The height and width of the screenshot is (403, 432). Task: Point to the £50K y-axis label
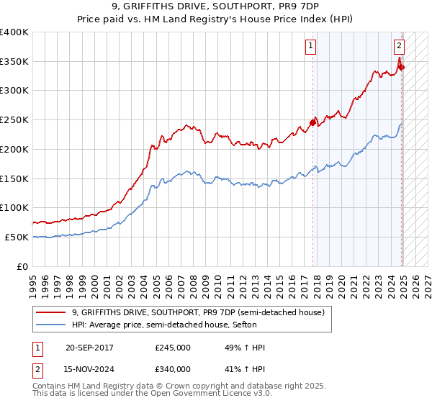pos(17,237)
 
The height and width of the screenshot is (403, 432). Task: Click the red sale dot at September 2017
pos(312,122)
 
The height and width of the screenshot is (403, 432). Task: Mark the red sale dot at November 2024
pos(401,67)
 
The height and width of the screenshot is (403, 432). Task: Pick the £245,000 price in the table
pos(173,348)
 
